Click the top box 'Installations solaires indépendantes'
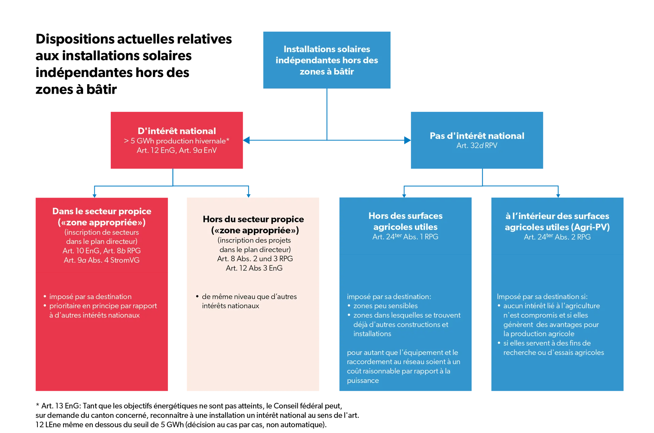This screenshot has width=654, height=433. click(327, 60)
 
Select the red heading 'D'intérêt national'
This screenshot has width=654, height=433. click(177, 131)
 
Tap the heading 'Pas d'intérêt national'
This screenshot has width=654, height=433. click(477, 136)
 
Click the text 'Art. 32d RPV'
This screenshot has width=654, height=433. click(477, 145)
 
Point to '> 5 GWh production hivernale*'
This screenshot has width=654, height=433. click(177, 141)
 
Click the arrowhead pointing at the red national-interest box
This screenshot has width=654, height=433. click(246, 140)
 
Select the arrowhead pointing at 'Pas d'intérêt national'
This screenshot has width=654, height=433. click(407, 140)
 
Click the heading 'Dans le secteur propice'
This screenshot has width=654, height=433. click(102, 211)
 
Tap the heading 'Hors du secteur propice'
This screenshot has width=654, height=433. click(253, 219)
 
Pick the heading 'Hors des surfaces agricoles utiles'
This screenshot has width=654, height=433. click(405, 221)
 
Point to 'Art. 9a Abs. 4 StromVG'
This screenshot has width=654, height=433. click(102, 260)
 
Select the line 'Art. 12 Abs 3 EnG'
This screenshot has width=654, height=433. click(254, 268)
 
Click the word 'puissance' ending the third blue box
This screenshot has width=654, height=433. click(363, 381)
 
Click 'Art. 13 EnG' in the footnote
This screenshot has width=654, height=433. click(61, 406)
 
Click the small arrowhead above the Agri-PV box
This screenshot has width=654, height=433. click(558, 196)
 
